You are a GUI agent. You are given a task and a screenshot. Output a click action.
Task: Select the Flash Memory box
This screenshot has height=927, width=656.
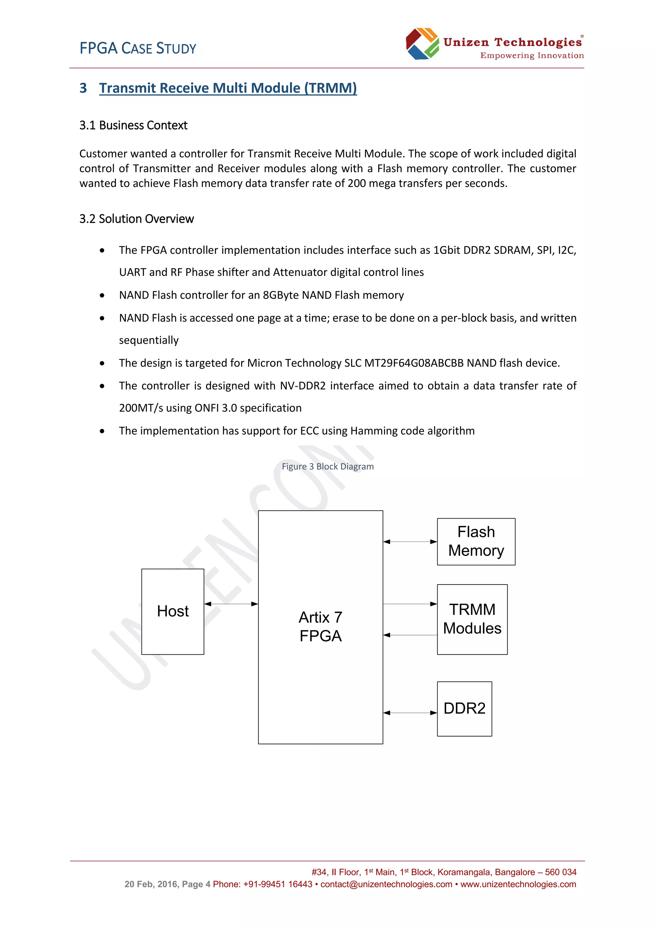coord(476,541)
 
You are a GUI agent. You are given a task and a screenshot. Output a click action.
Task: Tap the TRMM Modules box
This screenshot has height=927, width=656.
coord(472,619)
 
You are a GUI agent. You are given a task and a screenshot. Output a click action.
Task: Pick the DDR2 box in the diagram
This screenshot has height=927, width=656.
coord(464,709)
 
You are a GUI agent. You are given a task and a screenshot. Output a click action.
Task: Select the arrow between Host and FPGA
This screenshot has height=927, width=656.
coord(231,604)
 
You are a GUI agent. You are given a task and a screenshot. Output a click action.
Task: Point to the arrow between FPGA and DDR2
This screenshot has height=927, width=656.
coord(410,713)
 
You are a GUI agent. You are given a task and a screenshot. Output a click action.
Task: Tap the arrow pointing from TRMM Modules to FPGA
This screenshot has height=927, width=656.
coord(410,635)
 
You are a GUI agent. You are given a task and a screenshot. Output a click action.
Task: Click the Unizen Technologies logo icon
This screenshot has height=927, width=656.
coord(422,44)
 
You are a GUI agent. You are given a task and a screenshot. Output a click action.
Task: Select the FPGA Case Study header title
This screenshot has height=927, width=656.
coord(138,48)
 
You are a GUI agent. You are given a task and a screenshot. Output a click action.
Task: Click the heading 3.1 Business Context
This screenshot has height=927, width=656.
coord(133,125)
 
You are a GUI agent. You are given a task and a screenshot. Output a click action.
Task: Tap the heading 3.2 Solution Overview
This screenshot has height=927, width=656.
coord(136,219)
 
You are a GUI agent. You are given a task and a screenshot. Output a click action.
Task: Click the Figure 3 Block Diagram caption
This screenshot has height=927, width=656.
coord(328,467)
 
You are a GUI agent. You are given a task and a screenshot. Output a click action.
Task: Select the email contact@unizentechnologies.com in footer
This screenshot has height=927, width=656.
coord(386,884)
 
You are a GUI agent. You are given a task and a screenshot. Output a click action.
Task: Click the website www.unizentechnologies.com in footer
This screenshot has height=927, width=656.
coord(518,884)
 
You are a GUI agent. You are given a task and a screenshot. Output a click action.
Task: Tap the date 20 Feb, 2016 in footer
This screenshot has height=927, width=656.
coord(151,884)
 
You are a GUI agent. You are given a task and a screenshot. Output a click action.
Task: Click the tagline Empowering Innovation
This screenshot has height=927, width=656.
coord(532,56)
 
